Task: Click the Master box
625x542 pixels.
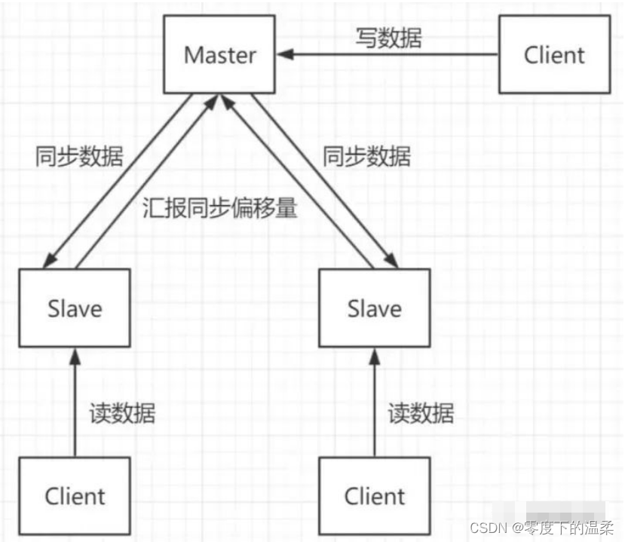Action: point(220,55)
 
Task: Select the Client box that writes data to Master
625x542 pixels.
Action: point(554,55)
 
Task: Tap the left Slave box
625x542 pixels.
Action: point(74,308)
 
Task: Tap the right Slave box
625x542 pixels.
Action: point(374,308)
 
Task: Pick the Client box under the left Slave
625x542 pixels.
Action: point(74,496)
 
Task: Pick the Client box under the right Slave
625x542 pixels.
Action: point(374,496)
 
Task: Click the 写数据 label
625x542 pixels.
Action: point(388,37)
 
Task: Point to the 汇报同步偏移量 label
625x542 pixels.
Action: point(219,209)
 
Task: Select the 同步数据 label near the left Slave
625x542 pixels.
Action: point(79,157)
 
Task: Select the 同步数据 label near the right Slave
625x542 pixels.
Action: point(367,157)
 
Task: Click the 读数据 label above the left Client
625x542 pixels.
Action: point(122,412)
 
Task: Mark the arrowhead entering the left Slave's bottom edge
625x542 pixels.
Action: point(74,354)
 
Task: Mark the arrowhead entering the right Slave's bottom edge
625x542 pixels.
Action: point(374,354)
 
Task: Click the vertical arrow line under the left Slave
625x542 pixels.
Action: point(74,407)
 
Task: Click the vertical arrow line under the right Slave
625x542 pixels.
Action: point(374,407)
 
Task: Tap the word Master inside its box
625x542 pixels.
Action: point(220,55)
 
